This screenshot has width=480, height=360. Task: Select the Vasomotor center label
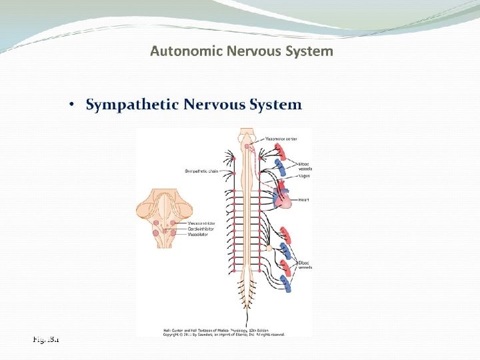(x=281, y=139)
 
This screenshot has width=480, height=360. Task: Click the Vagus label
(x=304, y=175)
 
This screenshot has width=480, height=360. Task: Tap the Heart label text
(x=304, y=199)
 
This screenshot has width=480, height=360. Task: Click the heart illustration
(x=283, y=199)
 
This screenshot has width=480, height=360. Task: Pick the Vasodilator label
(x=199, y=235)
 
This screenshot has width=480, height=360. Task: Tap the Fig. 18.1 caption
(x=46, y=339)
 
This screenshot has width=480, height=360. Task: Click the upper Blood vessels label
(x=305, y=166)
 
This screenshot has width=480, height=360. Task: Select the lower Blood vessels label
(x=305, y=265)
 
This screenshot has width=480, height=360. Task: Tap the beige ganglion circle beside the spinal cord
(x=269, y=247)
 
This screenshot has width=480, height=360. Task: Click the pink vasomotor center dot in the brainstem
(x=247, y=145)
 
